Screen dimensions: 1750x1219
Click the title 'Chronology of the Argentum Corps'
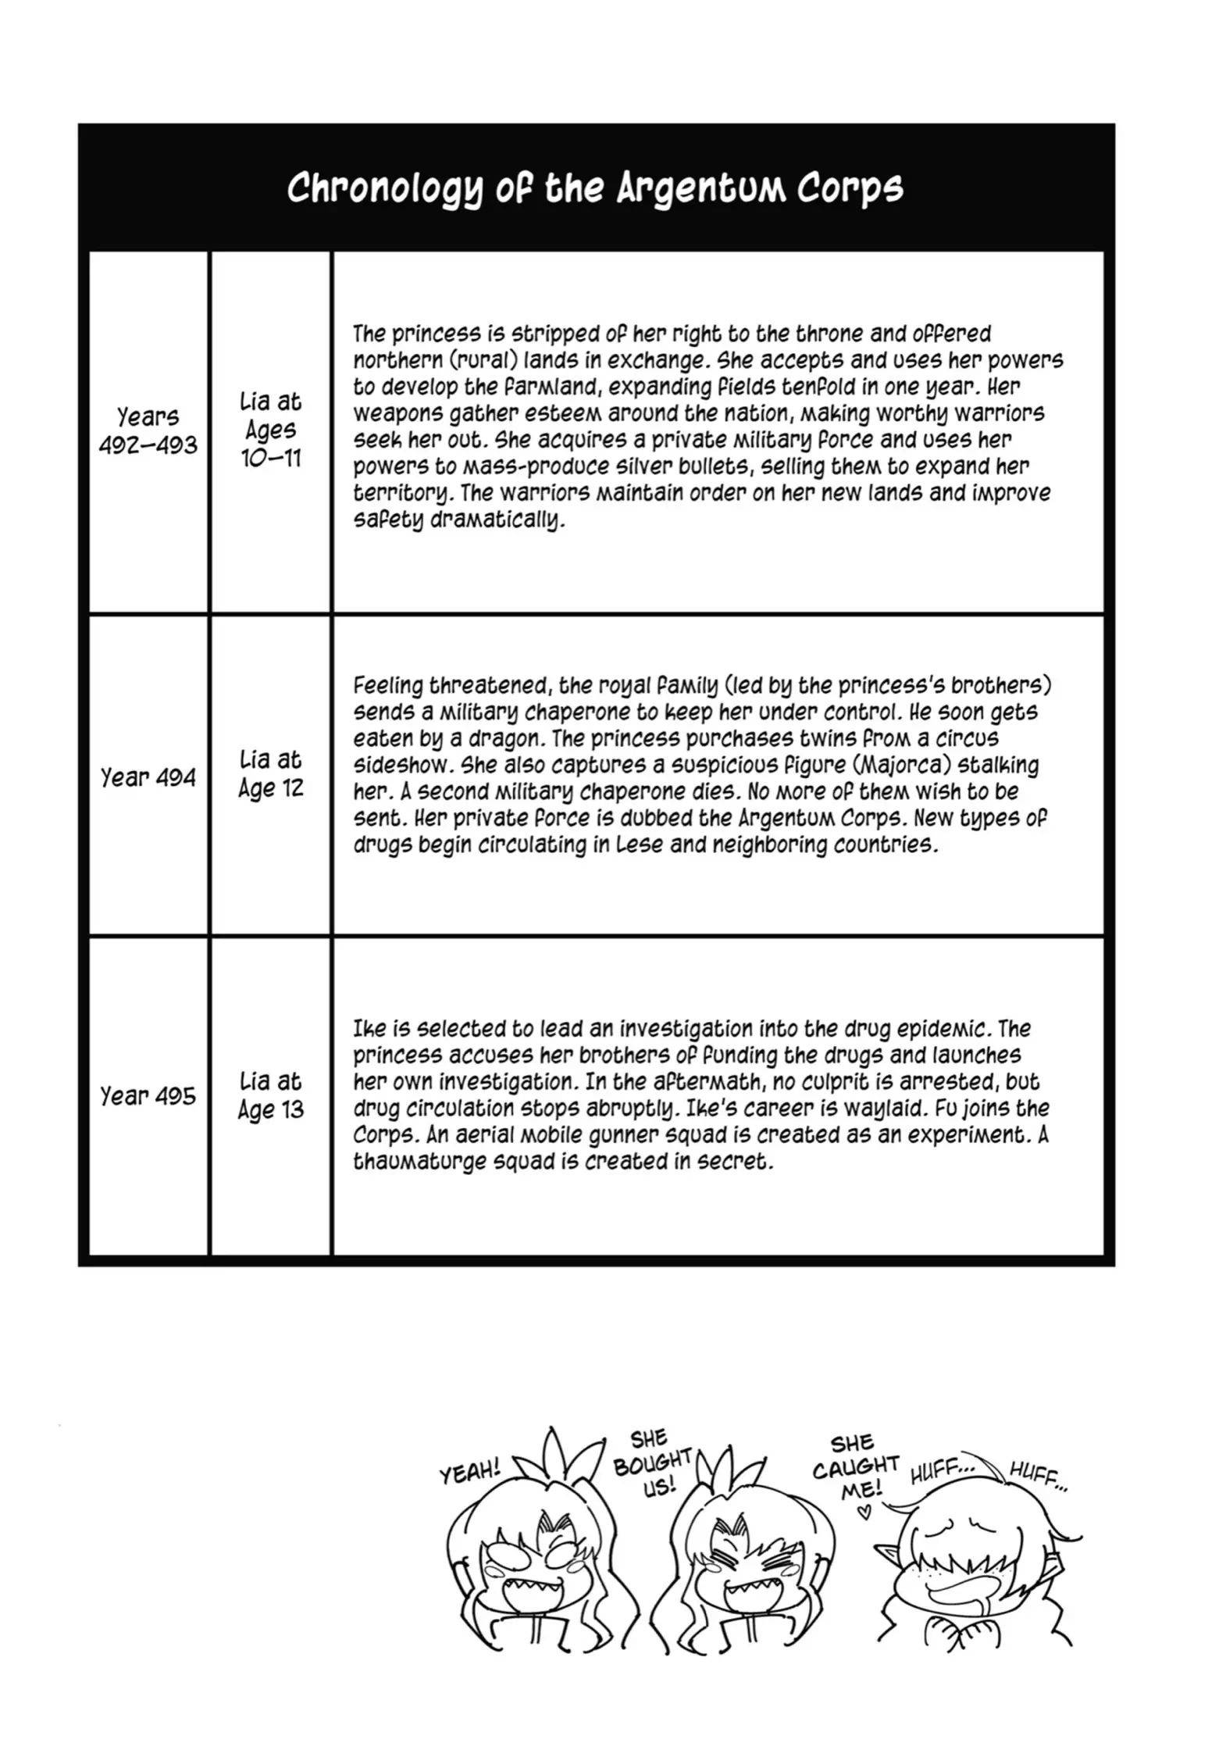tap(595, 187)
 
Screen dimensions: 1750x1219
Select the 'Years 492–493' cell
tap(148, 430)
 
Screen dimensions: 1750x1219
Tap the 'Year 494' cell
tap(148, 777)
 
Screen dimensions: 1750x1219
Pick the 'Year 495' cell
tap(148, 1096)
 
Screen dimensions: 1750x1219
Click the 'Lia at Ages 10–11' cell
tap(270, 430)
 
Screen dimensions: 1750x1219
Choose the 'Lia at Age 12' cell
tap(270, 774)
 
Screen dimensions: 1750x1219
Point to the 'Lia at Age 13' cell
tap(270, 1095)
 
